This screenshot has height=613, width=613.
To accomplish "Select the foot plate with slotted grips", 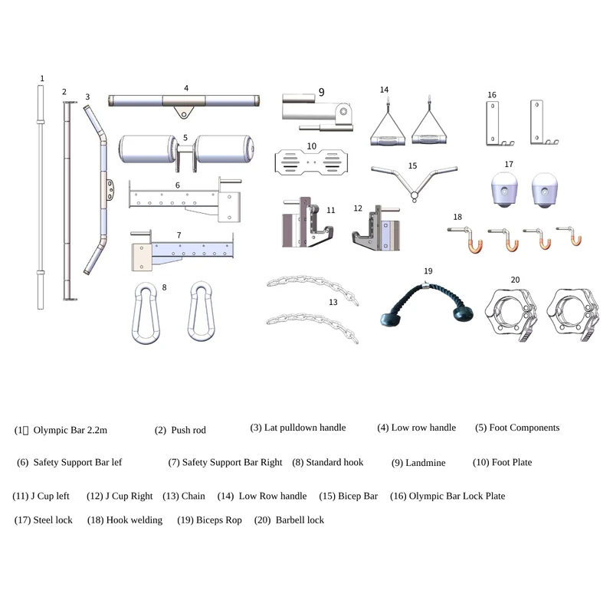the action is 311,162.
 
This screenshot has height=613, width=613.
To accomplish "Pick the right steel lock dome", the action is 545,190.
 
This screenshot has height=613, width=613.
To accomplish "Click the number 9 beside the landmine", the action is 321,92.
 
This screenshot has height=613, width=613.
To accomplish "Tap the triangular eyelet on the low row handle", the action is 183,112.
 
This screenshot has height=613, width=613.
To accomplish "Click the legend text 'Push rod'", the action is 188,430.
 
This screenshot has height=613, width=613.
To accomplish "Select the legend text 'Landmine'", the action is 425,463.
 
